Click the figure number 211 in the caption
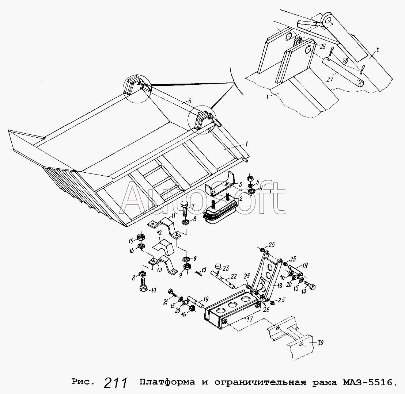(x=116, y=383)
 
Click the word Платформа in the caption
(x=167, y=382)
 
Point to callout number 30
(x=320, y=343)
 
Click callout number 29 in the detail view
(x=323, y=46)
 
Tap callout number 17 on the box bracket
(x=250, y=319)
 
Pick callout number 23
(x=226, y=268)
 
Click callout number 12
(x=159, y=233)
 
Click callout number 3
(x=240, y=184)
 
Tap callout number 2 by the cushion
(x=241, y=198)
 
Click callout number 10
(x=204, y=270)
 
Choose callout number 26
(x=266, y=309)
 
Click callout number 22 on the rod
(x=233, y=276)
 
